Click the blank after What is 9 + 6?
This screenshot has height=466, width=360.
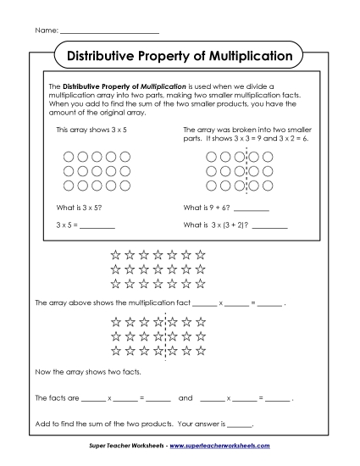click(x=252, y=208)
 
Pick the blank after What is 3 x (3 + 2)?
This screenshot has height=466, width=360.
click(x=269, y=225)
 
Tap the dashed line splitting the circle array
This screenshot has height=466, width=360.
click(x=246, y=170)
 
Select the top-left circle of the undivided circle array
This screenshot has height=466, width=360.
click(x=68, y=156)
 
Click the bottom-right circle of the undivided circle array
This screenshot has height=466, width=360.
click(x=125, y=185)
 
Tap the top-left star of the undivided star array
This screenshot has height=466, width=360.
click(x=115, y=253)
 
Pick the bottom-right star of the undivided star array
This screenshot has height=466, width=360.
click(x=201, y=283)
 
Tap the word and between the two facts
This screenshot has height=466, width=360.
click(x=186, y=397)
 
